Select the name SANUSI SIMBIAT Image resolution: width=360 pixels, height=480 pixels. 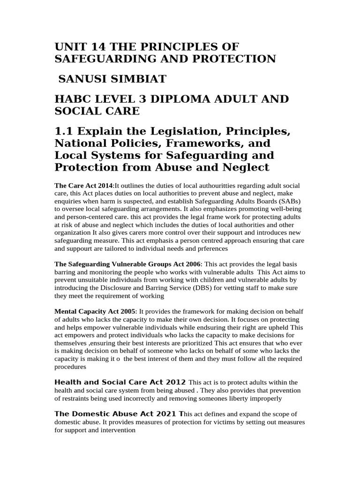coord(112,79)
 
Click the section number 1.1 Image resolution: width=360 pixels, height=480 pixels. coord(65,131)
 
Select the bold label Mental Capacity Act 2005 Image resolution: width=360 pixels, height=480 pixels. coord(96,311)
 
